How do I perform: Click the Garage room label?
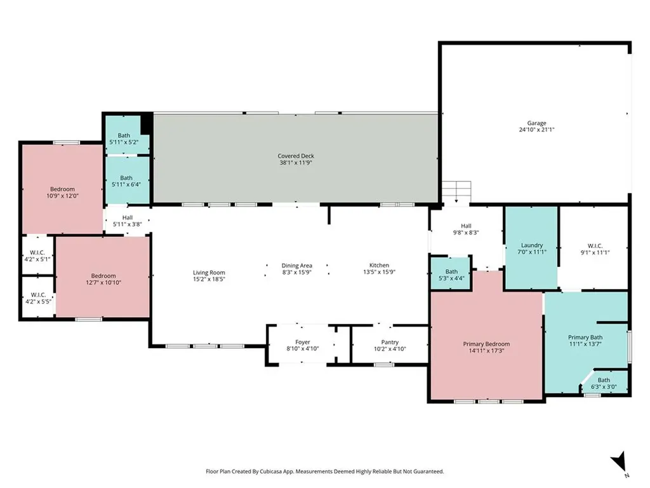pyautogui.click(x=536, y=123)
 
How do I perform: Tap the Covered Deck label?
pyautogui.click(x=296, y=156)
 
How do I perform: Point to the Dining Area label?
pyautogui.click(x=297, y=266)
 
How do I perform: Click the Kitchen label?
pyautogui.click(x=380, y=266)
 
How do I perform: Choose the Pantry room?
pyautogui.click(x=390, y=345)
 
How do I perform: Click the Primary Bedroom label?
pyautogui.click(x=486, y=344)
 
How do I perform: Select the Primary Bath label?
pyautogui.click(x=585, y=337)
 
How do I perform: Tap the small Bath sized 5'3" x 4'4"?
pyautogui.click(x=451, y=274)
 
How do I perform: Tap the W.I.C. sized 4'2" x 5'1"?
pyautogui.click(x=37, y=255)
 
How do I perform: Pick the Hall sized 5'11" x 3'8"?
pyautogui.click(x=128, y=220)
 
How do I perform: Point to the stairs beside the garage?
pyautogui.click(x=456, y=191)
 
